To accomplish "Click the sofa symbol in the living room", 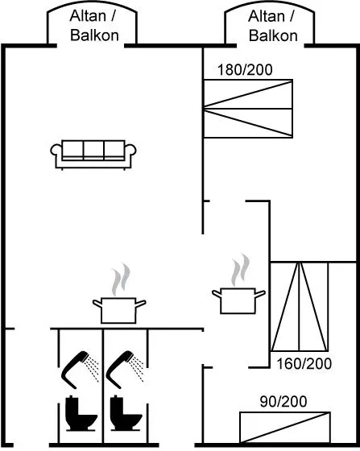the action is pos(93,155).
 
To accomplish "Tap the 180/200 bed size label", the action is pos(245,70).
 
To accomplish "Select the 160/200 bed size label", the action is pos(304,364).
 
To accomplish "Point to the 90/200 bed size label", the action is pos(283,402).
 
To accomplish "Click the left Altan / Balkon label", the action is pos(93,26).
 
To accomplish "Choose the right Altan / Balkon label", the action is pos(271,26).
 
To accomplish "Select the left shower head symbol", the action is pos(79,369).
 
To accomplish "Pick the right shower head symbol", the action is pos(124,369).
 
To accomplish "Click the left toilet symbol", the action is pos(81,413).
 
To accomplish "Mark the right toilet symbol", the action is pos(126,413).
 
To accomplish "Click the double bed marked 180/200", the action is pos(248,109).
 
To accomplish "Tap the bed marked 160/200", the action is pos(300,307).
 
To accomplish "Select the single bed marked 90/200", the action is pos(285,428).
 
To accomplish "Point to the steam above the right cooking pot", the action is pos(240,270).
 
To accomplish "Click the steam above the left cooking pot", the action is pos(121,279).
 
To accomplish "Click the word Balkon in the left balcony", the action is pos(94,35).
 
